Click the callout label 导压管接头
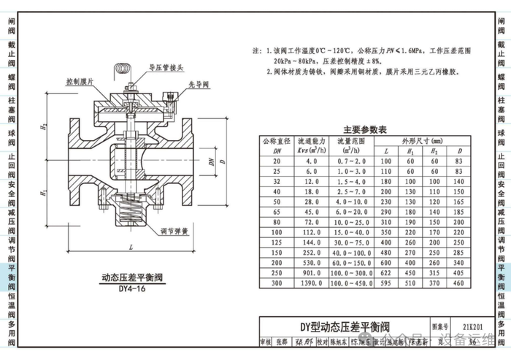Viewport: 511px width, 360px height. tap(165, 69)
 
